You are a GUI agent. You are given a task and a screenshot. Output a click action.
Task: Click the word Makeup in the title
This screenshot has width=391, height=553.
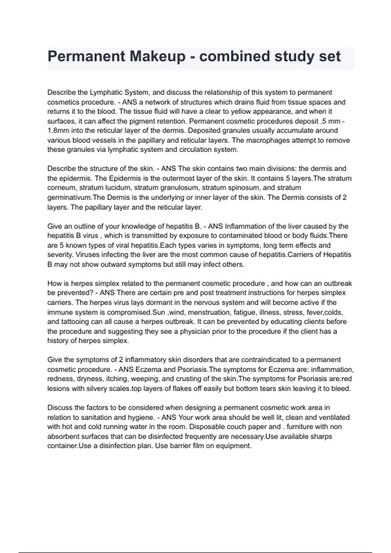pyautogui.click(x=157, y=56)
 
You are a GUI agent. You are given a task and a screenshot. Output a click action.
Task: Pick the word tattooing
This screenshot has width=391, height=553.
pyautogui.click(x=76, y=322)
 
